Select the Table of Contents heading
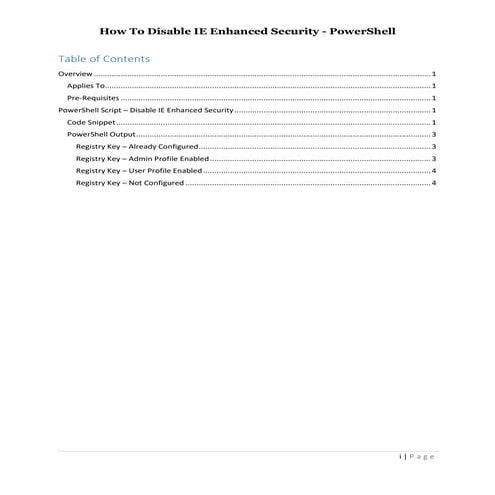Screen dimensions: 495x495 pos(104,59)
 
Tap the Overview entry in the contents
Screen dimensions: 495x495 pos(75,75)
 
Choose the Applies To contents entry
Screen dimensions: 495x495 pos(86,87)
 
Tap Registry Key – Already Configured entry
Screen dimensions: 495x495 pos(137,147)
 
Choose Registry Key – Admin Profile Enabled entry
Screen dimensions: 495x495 pos(141,159)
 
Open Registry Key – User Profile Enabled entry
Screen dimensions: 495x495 pos(139,171)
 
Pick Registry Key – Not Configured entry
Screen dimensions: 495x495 pos(129,183)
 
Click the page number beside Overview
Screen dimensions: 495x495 pos(433,75)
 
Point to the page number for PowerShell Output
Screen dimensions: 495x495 pos(433,134)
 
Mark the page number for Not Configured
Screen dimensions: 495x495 pos(433,183)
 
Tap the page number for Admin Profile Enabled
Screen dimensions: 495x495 pos(433,159)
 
